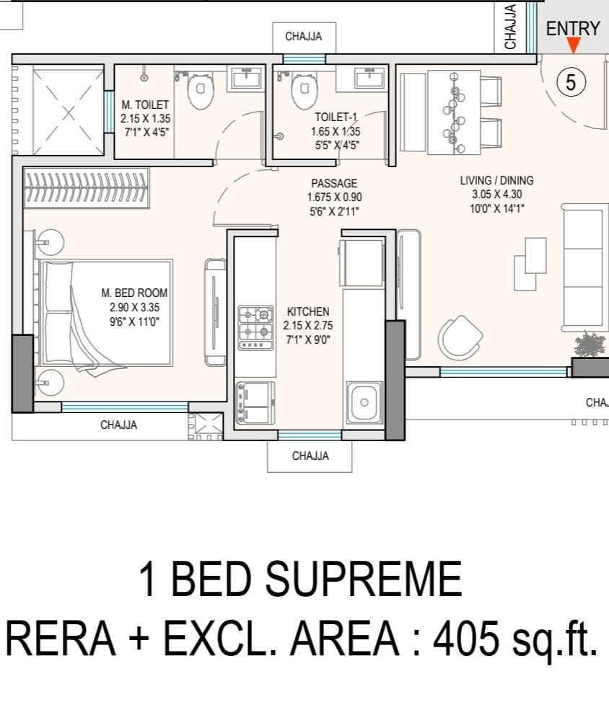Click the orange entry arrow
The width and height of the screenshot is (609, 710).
click(573, 45)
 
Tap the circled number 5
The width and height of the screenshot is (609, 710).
click(571, 82)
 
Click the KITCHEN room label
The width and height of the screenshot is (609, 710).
click(308, 311)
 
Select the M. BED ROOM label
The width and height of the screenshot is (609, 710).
click(134, 293)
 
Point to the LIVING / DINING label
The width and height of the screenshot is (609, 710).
click(496, 180)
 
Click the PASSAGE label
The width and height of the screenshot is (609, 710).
click(334, 183)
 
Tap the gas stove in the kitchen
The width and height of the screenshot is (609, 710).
click(256, 328)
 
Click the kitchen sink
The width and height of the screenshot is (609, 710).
click(364, 401)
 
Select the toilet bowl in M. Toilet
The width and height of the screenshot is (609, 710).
click(201, 91)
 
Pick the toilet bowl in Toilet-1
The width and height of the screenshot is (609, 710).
click(305, 91)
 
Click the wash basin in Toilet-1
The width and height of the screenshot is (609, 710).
click(370, 77)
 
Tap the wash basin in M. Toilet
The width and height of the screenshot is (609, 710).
click(247, 77)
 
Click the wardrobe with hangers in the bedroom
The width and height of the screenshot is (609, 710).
click(86, 188)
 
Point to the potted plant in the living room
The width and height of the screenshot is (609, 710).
click(590, 344)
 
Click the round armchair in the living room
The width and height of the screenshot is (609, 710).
click(461, 337)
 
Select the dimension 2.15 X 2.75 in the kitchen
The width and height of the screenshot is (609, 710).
click(308, 326)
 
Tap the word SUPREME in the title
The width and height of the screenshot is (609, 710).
click(364, 579)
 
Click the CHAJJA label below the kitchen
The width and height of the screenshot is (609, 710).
click(310, 456)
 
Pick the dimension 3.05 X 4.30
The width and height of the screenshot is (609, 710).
click(497, 194)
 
